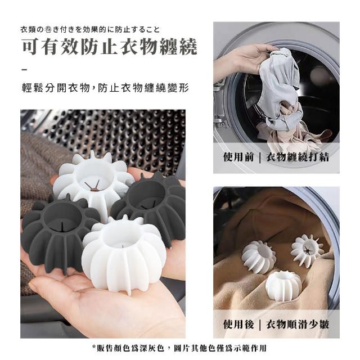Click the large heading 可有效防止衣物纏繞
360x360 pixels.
click(x=110, y=47)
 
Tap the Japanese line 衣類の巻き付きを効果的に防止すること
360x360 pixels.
click(x=90, y=30)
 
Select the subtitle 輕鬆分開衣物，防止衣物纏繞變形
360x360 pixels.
click(x=105, y=88)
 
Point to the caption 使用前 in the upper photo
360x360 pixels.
click(x=238, y=157)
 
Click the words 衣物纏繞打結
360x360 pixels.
click(x=298, y=157)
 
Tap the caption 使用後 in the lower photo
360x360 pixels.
click(x=238, y=325)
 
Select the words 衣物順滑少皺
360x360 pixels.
click(x=298, y=325)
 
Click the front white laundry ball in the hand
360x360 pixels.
click(x=124, y=255)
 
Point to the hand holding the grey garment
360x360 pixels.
click(x=241, y=57)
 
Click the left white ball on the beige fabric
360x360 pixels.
click(x=259, y=257)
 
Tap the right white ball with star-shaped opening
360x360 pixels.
click(x=307, y=251)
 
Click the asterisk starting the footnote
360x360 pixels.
click(x=94, y=346)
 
